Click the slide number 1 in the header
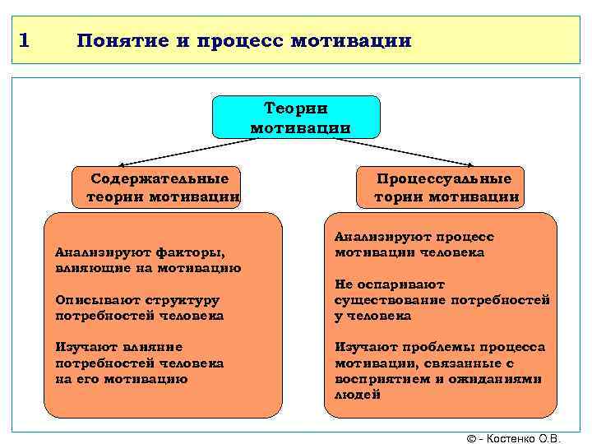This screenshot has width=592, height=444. click(x=24, y=39)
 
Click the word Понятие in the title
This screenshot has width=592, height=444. click(x=123, y=40)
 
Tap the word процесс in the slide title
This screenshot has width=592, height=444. click(x=239, y=40)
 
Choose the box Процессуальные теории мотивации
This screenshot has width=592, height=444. click(x=444, y=187)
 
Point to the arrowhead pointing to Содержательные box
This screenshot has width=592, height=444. click(x=115, y=164)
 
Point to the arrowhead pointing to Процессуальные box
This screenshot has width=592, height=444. click(x=479, y=164)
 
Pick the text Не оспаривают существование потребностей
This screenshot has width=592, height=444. click(x=441, y=300)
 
